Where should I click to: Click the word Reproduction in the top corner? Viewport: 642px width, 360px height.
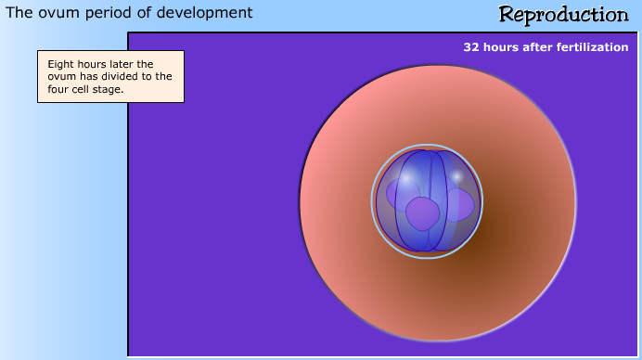coord(563,14)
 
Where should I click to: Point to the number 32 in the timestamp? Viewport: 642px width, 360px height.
coord(471,46)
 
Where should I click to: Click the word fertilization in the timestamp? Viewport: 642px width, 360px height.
coord(594,46)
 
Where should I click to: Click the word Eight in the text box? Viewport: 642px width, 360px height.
coord(61,64)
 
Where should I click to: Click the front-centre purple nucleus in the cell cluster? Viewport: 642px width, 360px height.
coord(423,213)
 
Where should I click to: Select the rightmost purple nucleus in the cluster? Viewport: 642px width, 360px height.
coord(459,204)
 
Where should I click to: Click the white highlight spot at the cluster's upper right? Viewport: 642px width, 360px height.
coord(456,175)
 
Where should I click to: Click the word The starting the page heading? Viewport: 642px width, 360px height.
coord(19,13)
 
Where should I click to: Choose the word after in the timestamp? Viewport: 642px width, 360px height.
coord(540,46)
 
